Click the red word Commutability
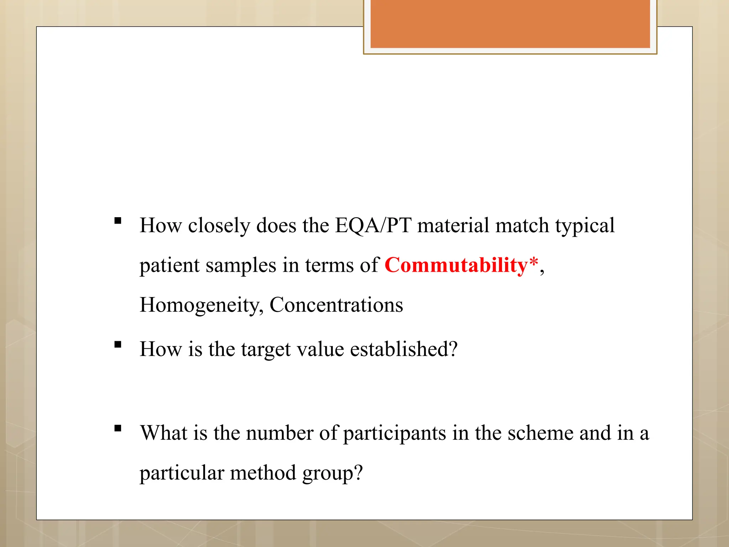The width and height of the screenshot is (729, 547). click(x=456, y=266)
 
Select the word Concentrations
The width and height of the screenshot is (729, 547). click(x=336, y=305)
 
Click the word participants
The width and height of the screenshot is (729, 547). click(x=394, y=433)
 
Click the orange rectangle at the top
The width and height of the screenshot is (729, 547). click(x=510, y=24)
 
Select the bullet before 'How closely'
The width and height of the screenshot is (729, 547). click(x=118, y=221)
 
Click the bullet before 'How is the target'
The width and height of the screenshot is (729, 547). click(x=118, y=344)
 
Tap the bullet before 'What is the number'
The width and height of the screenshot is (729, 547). click(x=118, y=428)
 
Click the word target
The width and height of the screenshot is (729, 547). click(x=266, y=349)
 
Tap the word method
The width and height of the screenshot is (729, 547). click(x=263, y=474)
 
